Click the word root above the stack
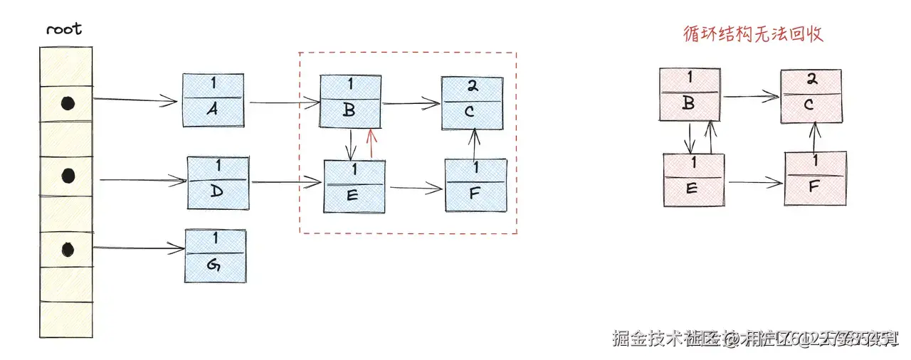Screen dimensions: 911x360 pos(64,29)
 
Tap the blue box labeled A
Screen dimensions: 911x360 pos(212,100)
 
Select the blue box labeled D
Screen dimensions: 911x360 pos(218,183)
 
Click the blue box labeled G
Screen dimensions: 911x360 pos(215,255)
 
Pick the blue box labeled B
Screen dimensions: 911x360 pos(351,100)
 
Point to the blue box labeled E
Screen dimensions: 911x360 pos(354,186)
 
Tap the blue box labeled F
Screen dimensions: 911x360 pos(475,185)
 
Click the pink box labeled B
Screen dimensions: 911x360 pos(690,95)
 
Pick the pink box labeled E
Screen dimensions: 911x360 pos(693,180)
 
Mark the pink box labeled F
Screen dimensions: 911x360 pos(815,178)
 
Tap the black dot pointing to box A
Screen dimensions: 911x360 pos(67,104)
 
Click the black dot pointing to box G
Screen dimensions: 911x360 pos(67,249)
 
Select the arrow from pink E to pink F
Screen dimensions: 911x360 pos(755,183)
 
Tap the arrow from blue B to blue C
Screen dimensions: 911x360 pos(412,104)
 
